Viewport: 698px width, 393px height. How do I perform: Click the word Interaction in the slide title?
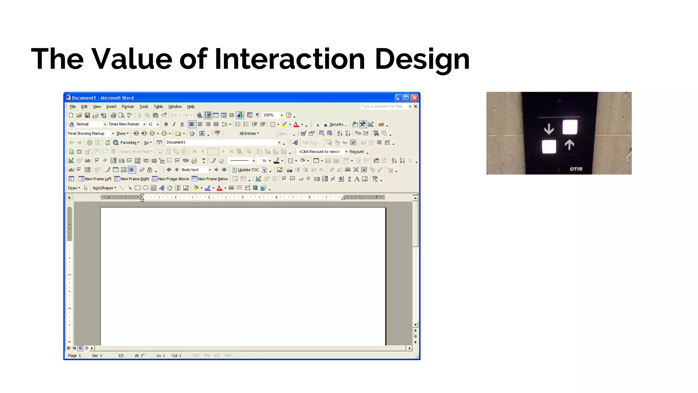[289, 59]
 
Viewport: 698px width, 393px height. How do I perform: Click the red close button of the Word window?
[415, 98]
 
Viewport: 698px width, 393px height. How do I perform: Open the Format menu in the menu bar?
[128, 107]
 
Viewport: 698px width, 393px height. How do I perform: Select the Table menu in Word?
[158, 107]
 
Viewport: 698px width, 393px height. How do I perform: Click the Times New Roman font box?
[124, 125]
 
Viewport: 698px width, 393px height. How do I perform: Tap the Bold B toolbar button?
[166, 125]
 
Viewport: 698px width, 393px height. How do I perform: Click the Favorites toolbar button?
[128, 143]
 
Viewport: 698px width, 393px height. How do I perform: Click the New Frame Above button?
[170, 179]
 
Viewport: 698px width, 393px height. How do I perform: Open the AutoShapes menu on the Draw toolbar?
[104, 188]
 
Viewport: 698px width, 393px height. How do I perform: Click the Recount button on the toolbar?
[356, 152]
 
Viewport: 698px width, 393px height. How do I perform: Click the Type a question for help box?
[382, 106]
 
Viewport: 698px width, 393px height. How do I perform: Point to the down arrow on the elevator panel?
[549, 129]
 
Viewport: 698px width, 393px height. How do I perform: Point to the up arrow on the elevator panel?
[569, 145]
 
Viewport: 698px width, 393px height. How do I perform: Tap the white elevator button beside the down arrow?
[570, 127]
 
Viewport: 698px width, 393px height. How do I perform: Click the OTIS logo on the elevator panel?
[576, 169]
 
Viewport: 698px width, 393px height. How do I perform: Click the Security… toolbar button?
[338, 125]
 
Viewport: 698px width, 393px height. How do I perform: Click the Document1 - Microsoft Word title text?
[103, 98]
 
